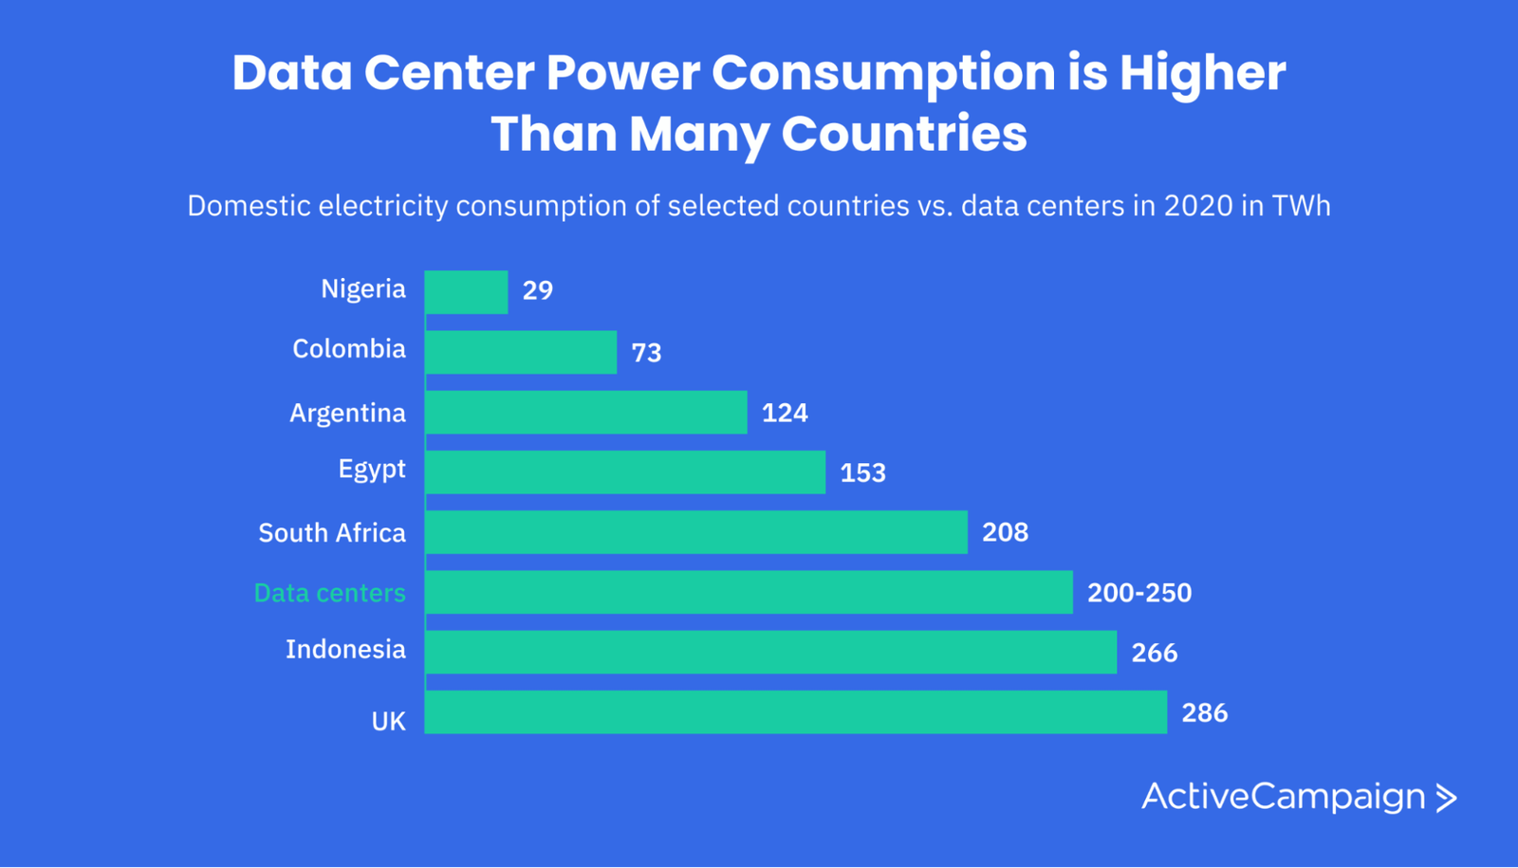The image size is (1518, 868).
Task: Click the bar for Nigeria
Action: (x=466, y=292)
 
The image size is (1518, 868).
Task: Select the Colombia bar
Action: (x=521, y=352)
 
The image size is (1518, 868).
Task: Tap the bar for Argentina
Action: (x=585, y=413)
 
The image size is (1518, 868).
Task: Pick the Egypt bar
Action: (x=625, y=472)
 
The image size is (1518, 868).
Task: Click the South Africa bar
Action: (x=696, y=532)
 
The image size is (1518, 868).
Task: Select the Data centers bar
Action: (x=749, y=592)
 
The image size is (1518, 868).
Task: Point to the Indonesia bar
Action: (x=770, y=653)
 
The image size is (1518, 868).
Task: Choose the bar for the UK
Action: (x=795, y=712)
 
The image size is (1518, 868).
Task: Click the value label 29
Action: (x=538, y=291)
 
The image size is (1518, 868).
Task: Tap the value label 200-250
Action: (x=1139, y=593)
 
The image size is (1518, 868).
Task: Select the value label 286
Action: (x=1205, y=713)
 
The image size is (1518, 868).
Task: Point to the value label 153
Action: (x=862, y=473)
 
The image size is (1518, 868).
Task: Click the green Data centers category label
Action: (x=329, y=593)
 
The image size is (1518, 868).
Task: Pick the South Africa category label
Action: (x=332, y=533)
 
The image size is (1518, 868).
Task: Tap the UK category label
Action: (x=388, y=722)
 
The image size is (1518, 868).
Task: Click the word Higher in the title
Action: (x=1202, y=74)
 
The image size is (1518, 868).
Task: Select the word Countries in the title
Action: (x=904, y=134)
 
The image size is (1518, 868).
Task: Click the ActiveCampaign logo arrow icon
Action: (x=1446, y=798)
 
